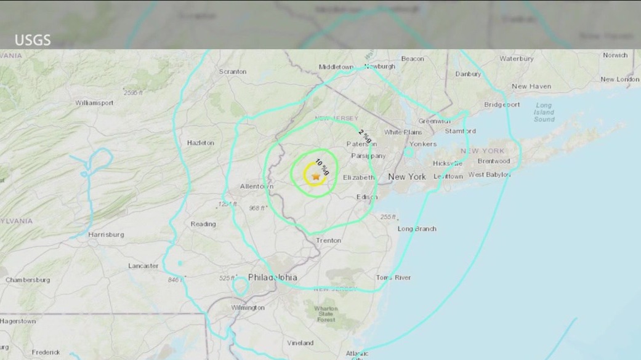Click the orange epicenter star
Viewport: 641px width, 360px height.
316,177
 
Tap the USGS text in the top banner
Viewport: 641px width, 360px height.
33,41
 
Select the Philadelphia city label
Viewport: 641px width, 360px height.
273,277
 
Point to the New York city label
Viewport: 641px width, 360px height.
407,177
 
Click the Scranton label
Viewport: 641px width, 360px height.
233,71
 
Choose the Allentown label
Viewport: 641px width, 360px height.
257,186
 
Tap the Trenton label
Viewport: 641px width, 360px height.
328,240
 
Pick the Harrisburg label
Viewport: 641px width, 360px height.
106,234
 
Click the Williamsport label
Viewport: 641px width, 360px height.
94,103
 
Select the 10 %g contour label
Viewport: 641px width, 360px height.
322,167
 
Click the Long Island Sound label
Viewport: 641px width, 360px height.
544,112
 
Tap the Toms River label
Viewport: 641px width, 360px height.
393,278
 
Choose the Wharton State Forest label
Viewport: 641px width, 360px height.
326,314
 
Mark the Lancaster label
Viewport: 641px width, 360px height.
143,266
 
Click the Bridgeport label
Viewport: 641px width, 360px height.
502,105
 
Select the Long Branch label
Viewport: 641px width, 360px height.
417,229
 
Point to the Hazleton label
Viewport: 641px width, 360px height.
201,143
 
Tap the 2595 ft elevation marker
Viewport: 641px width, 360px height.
133,92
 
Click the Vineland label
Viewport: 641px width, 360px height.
300,343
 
